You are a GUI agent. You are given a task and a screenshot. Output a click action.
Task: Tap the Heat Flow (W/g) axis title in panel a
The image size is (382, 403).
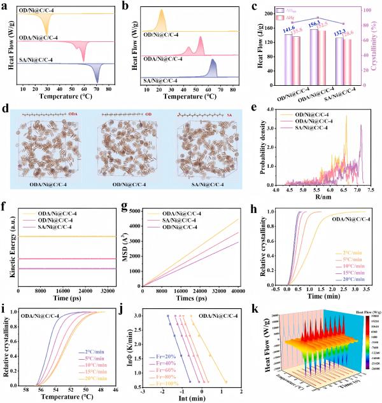[5, 46]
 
